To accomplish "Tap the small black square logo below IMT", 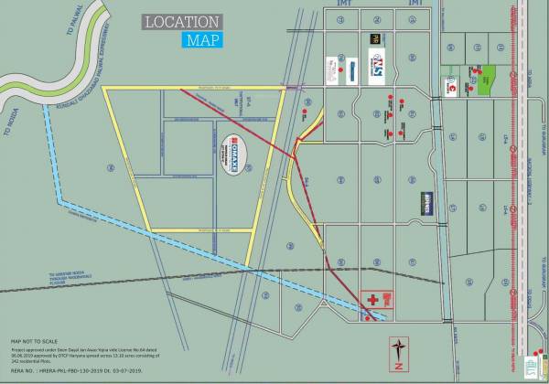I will click(x=374, y=37).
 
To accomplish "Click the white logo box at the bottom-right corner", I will click(x=534, y=368).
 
